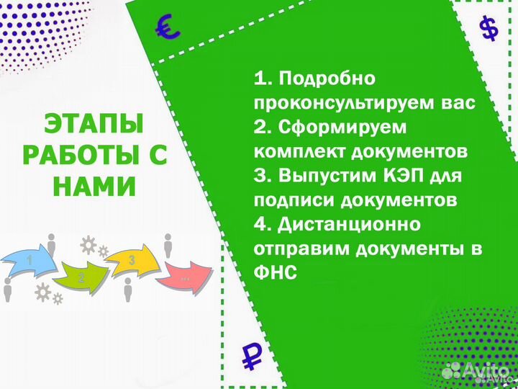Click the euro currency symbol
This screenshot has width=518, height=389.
pos(168,28)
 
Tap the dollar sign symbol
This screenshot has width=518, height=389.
pos(489,30)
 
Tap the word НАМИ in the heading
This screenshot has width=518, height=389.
pos(94,187)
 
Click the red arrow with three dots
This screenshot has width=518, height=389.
pos(185,274)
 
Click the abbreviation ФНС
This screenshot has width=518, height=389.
pos(275,274)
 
